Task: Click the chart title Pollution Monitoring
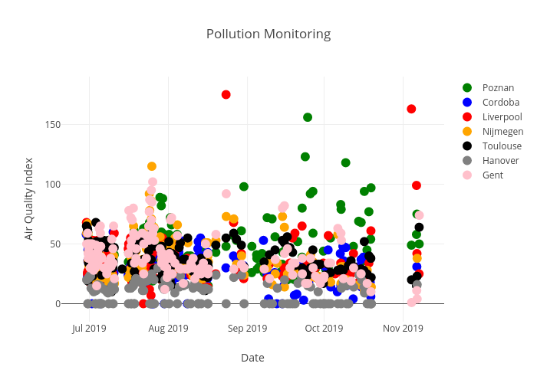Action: tap(268, 34)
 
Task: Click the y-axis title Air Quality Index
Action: tap(29, 198)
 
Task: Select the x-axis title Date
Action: tap(252, 358)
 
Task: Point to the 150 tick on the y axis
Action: tap(73, 125)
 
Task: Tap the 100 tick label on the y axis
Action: tap(73, 185)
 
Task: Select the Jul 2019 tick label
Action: tap(89, 329)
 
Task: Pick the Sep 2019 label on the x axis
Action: tap(247, 329)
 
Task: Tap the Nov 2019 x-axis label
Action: tap(403, 329)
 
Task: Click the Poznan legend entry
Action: tap(498, 87)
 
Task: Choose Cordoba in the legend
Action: tap(500, 102)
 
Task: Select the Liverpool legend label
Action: tap(502, 116)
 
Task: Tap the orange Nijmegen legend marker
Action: tap(466, 131)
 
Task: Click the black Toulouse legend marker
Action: tap(466, 146)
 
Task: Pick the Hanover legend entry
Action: tap(500, 160)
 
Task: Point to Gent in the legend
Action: tap(493, 175)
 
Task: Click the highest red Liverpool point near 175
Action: tap(226, 94)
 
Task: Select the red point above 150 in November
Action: tap(411, 109)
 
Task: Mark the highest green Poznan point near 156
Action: tap(308, 117)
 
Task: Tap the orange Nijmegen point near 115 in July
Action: tap(152, 166)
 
